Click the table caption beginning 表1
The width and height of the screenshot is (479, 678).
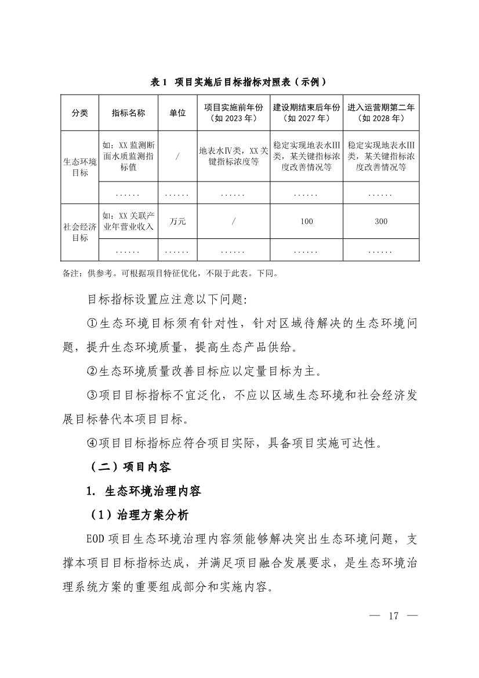(x=242, y=82)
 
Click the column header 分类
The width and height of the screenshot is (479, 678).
(x=80, y=113)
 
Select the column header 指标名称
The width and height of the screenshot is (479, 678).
(x=128, y=113)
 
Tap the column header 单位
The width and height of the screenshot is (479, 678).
(x=177, y=113)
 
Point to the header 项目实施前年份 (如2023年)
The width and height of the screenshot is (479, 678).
(x=233, y=113)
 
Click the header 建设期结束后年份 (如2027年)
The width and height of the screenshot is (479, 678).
(x=307, y=113)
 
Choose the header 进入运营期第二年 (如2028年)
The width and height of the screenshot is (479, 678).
(x=381, y=113)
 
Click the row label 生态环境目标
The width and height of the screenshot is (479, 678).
(x=80, y=167)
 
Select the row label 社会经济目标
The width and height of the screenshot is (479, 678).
(x=80, y=232)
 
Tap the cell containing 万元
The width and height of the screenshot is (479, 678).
(x=177, y=221)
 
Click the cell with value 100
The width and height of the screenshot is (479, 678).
(x=307, y=221)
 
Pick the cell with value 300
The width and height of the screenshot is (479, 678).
(x=381, y=221)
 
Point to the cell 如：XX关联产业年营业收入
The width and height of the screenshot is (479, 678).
(x=128, y=221)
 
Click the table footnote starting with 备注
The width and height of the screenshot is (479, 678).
(x=170, y=272)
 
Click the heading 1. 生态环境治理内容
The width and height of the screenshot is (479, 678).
(x=143, y=491)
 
